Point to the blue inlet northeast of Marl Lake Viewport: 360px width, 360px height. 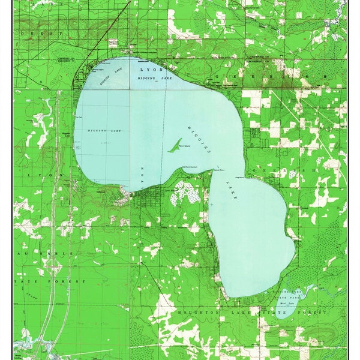click(305, 293)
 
